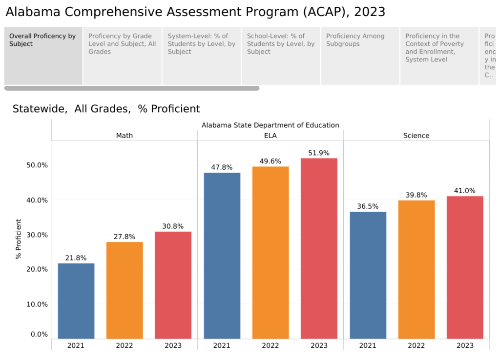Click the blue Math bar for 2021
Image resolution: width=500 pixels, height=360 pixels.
[x=76, y=301]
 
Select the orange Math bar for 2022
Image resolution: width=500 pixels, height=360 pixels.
[x=125, y=290]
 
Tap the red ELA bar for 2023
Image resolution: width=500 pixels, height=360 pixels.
[x=319, y=248]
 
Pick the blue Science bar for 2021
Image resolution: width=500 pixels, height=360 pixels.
[x=368, y=275]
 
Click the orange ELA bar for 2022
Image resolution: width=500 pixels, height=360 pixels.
[x=271, y=252]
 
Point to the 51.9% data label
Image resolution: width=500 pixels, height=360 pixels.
[x=319, y=153]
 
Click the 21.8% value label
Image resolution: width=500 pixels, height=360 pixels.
[x=76, y=258]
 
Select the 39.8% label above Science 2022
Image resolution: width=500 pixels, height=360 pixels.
[x=417, y=195]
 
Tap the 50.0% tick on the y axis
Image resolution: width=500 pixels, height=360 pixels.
[x=36, y=165]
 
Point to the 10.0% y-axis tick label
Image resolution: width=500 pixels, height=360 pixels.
[x=36, y=304]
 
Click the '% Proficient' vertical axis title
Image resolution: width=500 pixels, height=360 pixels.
[x=19, y=239]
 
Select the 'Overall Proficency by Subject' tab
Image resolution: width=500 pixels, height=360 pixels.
[x=43, y=40]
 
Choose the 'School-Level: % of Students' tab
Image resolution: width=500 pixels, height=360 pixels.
[x=281, y=44]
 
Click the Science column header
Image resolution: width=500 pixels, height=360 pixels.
[x=416, y=136]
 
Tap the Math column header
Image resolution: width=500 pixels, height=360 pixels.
[x=124, y=136]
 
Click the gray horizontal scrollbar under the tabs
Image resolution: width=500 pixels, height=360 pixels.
[x=132, y=88]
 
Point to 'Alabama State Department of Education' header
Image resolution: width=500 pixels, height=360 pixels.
[x=270, y=125]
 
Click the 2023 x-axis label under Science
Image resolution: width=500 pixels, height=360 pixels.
[x=465, y=345]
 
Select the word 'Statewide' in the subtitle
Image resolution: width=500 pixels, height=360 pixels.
[x=40, y=109]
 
